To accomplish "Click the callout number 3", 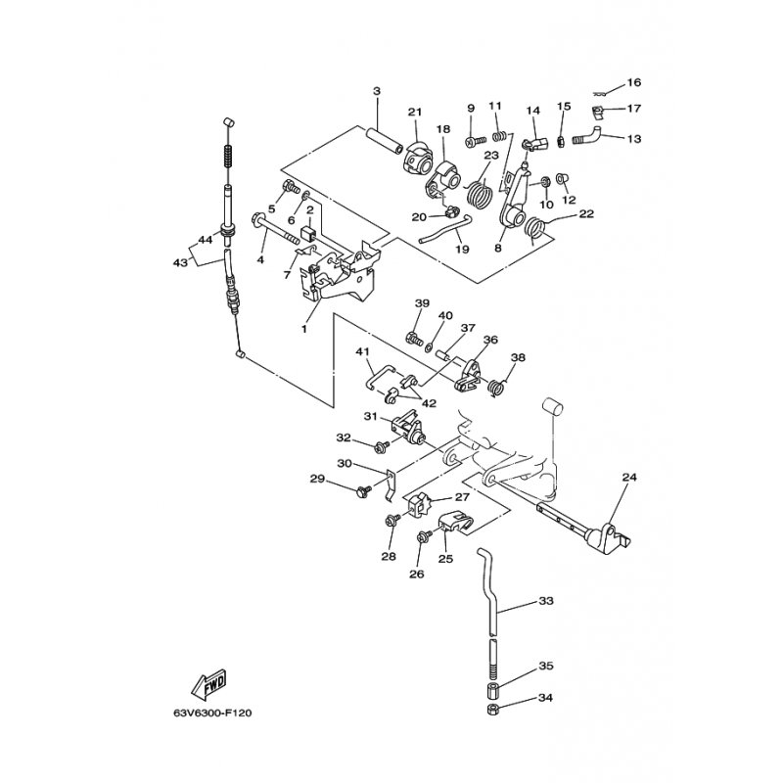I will [376, 92].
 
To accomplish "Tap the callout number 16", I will [633, 82].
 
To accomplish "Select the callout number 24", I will [629, 478].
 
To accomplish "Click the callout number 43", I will [179, 263].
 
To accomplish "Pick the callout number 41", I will [362, 351].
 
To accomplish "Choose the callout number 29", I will [317, 479].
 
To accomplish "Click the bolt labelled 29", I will [363, 486].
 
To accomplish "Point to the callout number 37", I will [468, 328].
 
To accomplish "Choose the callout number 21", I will [414, 111].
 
